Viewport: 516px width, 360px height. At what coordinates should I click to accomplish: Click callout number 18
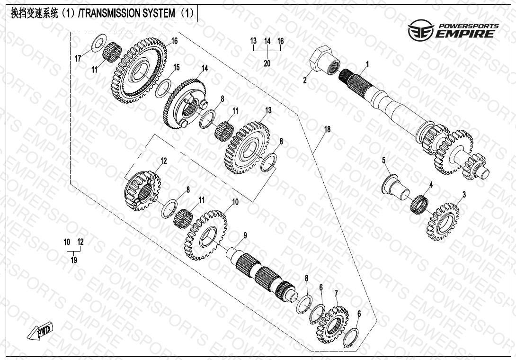coord(327,129)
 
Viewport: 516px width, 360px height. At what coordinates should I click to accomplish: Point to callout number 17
coord(78,58)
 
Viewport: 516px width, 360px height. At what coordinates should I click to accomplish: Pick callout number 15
coord(176,68)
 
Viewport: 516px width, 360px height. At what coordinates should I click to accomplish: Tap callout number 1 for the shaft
coord(367,63)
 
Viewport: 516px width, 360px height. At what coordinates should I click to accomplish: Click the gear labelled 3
coord(445,221)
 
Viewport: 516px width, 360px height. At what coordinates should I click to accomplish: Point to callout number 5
coord(384,160)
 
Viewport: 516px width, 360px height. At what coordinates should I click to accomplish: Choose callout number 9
coord(245,235)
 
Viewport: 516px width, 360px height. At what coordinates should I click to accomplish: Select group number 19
coord(74,260)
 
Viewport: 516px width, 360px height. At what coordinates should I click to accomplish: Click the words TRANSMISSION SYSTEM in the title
coord(127,14)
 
